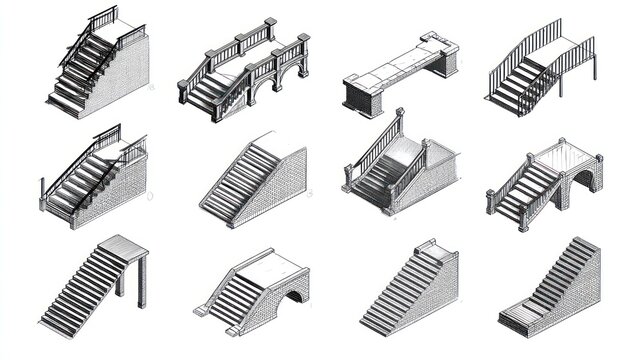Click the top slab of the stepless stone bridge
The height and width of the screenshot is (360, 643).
[x=400, y=62]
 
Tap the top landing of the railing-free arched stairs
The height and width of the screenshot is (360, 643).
[x=275, y=263]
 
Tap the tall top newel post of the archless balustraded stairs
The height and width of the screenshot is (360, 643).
[x=400, y=125]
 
